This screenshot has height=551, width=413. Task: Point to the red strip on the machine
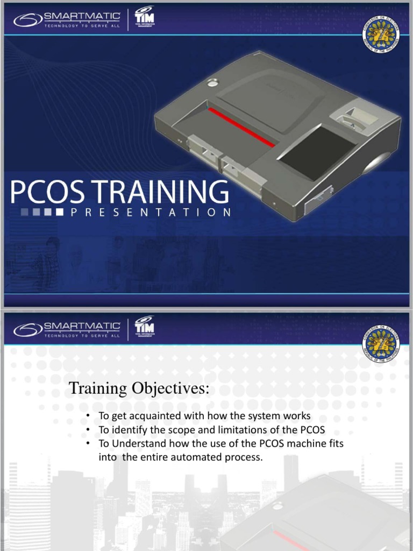(241, 128)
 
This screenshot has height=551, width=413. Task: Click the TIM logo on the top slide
(143, 19)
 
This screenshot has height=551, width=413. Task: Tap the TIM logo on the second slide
(143, 327)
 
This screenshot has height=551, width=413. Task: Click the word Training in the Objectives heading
(96, 389)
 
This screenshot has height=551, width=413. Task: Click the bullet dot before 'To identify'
(87, 430)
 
